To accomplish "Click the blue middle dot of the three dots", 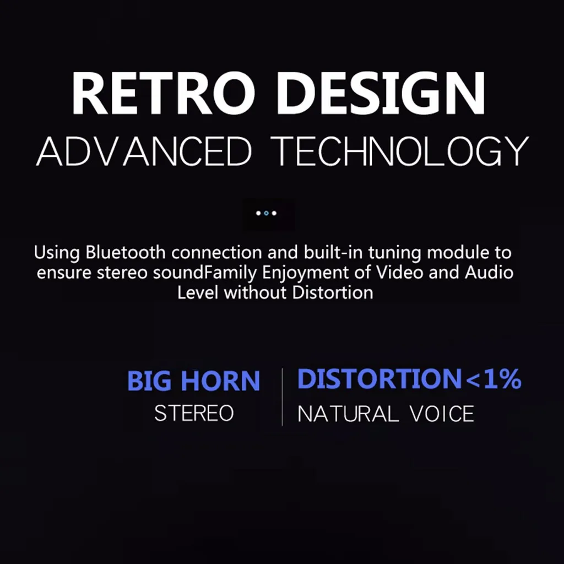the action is tap(266, 213).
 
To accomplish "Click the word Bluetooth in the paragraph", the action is tap(125, 252).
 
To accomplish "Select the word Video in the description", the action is tap(399, 272).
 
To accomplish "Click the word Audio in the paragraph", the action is tap(489, 272).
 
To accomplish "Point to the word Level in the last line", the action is tap(198, 292).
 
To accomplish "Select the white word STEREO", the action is tap(194, 413).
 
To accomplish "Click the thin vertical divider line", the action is tap(283, 397).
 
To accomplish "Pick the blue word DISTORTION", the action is tap(379, 378).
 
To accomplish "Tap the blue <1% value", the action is tap(493, 379).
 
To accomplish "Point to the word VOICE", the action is tap(442, 414).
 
